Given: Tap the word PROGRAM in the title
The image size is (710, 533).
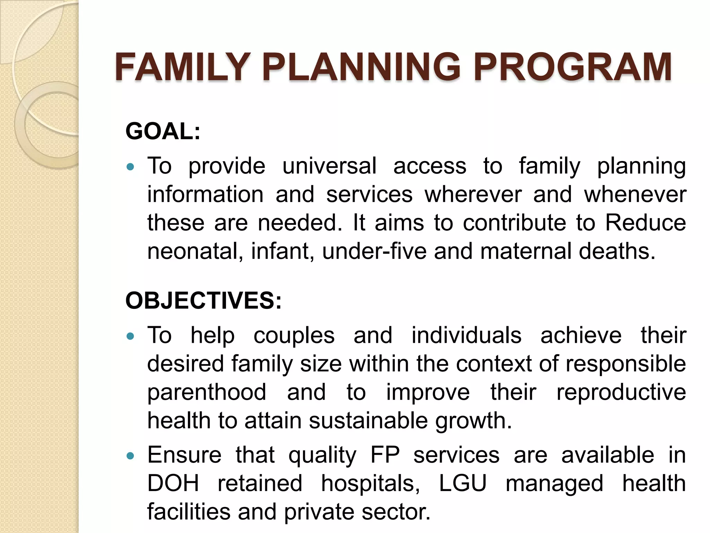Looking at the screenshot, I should [x=572, y=67].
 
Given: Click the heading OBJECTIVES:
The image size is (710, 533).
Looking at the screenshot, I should [x=204, y=300].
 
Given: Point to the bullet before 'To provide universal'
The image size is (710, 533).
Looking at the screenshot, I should [x=130, y=167].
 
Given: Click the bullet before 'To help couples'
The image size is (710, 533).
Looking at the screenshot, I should [x=130, y=336].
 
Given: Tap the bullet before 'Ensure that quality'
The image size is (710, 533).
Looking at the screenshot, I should [x=130, y=456].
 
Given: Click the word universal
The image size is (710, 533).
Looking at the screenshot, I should [x=329, y=166].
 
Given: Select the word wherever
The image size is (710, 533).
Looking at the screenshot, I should [x=473, y=194].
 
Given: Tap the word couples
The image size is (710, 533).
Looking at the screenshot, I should [x=294, y=336].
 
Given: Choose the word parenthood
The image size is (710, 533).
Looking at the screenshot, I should [x=207, y=392].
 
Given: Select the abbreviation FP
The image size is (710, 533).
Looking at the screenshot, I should [x=385, y=455].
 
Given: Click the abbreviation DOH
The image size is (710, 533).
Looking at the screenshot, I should [x=173, y=483].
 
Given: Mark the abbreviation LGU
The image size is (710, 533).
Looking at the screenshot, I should [x=463, y=483].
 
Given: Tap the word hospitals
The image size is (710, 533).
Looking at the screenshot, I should [x=370, y=484].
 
